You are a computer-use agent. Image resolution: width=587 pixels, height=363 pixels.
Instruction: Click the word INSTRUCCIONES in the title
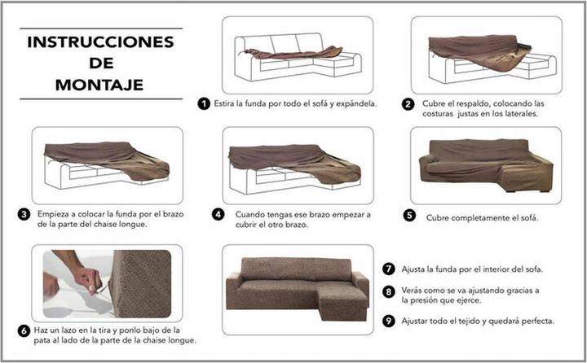click(x=99, y=42)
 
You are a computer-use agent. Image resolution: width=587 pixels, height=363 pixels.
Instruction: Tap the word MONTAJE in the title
click(x=99, y=83)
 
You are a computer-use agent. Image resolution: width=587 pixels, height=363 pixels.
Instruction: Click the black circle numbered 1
click(x=203, y=103)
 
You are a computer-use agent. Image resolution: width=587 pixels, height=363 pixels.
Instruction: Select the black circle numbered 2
click(x=408, y=104)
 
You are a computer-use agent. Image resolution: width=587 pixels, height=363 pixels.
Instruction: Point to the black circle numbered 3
click(x=24, y=215)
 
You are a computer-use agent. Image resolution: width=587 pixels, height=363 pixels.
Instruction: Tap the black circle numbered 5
click(x=409, y=216)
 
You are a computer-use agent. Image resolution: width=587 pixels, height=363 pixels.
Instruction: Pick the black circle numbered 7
click(x=389, y=269)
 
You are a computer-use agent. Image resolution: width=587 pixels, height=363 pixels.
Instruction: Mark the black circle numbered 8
click(x=389, y=291)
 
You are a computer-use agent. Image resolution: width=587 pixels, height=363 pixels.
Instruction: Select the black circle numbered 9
click(x=389, y=321)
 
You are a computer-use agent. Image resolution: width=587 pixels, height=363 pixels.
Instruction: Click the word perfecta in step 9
click(x=535, y=321)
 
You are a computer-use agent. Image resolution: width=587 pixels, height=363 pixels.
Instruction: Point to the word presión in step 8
click(x=419, y=300)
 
